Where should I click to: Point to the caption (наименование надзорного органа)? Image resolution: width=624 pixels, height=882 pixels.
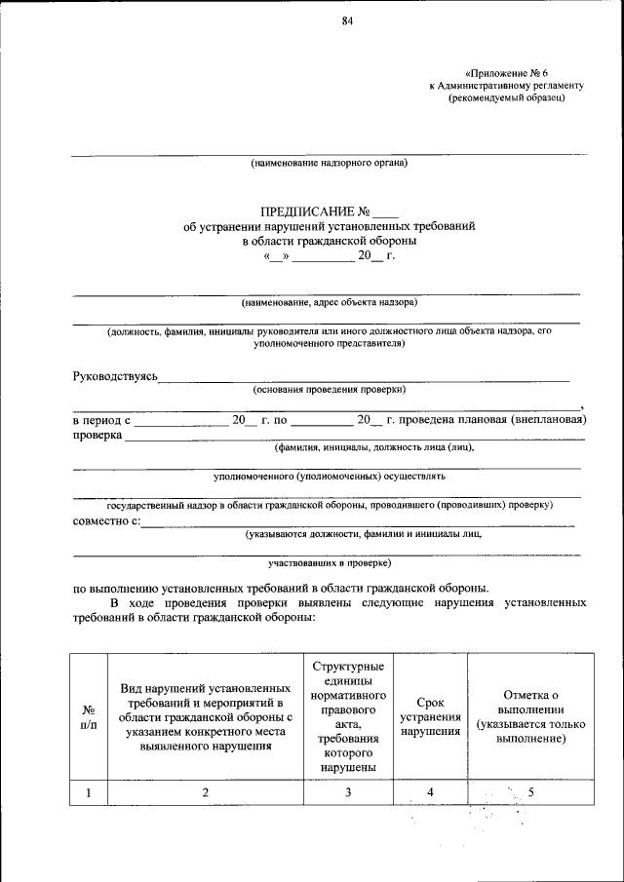329,163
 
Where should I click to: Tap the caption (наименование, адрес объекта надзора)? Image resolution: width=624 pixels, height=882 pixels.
330,302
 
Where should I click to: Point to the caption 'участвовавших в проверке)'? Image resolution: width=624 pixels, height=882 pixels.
330,563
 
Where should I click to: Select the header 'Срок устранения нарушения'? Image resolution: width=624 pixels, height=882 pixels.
430,716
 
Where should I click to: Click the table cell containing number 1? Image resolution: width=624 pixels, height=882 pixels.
89,792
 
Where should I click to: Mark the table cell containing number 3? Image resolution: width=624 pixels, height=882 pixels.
348,792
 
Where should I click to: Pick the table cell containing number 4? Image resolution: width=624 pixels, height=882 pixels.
430,792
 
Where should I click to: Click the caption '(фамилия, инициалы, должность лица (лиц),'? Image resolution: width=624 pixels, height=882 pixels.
374,447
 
